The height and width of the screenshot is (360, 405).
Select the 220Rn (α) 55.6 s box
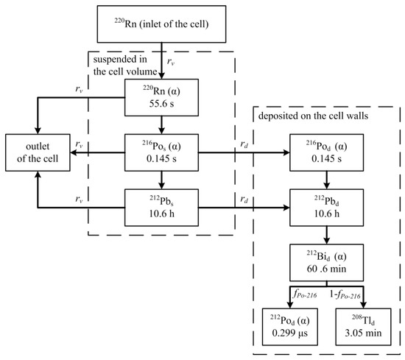pos(160,96)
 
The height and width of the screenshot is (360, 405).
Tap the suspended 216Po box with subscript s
pos(160,153)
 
